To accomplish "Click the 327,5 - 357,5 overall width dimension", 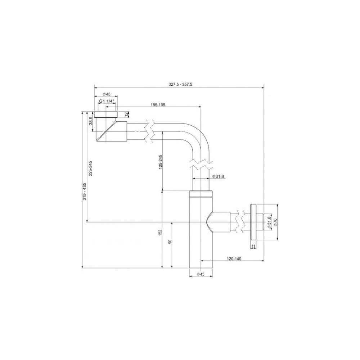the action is click(x=180, y=84).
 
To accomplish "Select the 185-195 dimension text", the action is click(x=158, y=105).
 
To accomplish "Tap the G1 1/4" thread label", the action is click(x=107, y=101).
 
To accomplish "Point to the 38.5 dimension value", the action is click(x=91, y=121).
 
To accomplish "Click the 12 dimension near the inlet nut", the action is click(x=126, y=114).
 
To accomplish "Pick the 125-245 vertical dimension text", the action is click(x=161, y=162).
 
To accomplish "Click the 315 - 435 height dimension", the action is click(x=85, y=191).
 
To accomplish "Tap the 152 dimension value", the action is click(x=160, y=232).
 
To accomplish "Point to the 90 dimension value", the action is click(x=170, y=242).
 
